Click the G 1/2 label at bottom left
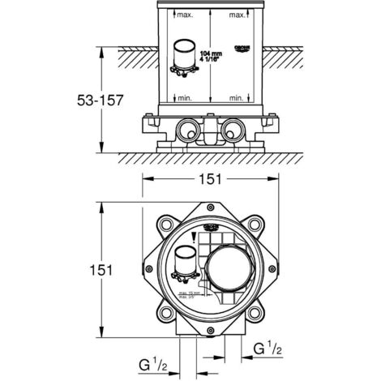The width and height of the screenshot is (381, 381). coord(151,363)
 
